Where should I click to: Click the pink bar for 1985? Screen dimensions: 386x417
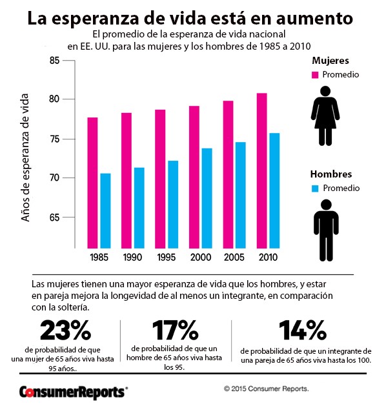(92, 183)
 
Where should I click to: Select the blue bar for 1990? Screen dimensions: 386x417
(139, 208)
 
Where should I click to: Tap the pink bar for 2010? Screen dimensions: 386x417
(262, 170)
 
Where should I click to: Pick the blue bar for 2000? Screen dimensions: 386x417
(207, 198)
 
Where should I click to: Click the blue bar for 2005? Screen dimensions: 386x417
(241, 195)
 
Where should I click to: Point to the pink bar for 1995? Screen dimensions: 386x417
(160, 179)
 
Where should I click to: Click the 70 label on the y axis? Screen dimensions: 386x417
(54, 178)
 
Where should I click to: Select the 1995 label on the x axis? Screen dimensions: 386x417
(167, 257)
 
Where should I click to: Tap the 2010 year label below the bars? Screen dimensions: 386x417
(268, 257)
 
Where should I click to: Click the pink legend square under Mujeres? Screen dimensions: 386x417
(315, 75)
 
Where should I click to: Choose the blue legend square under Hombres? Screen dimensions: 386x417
(315, 188)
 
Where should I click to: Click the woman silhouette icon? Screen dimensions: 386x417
(325, 116)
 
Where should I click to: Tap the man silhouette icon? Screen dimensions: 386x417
(326, 230)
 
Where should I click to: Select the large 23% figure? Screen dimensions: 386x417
(65, 331)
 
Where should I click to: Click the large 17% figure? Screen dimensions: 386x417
(176, 331)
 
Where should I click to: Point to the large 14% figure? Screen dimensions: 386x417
(303, 331)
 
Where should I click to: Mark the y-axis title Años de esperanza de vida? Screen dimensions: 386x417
(25, 158)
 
